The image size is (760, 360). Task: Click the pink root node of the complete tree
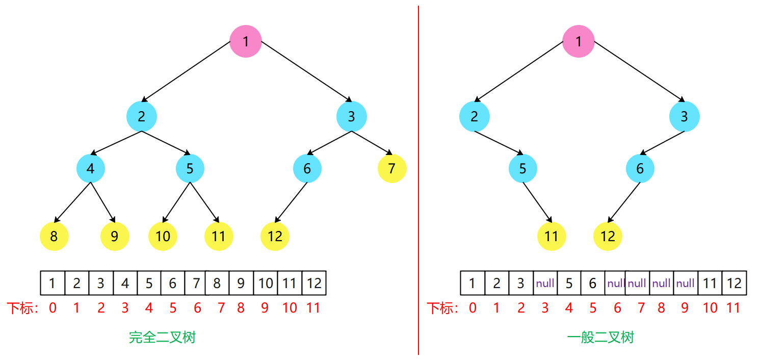(245, 41)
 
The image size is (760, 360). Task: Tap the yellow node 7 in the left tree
(392, 168)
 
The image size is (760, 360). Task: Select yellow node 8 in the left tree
(54, 236)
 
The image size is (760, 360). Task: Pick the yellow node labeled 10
(163, 236)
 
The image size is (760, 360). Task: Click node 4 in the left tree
(91, 168)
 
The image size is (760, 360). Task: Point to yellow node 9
(115, 236)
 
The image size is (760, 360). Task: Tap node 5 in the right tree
(522, 168)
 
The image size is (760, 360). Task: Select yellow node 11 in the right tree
(552, 236)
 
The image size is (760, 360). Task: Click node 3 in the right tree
(684, 117)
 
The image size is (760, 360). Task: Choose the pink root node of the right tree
(578, 41)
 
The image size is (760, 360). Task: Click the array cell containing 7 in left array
(196, 283)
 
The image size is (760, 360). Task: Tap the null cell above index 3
(545, 283)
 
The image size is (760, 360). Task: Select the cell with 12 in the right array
(734, 283)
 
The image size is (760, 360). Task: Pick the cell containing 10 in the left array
(265, 283)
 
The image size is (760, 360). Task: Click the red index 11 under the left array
(313, 308)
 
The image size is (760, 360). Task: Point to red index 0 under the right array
(473, 308)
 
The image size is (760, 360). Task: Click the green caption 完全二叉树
(162, 338)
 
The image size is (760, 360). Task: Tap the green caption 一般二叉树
(600, 338)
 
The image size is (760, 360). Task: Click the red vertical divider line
(418, 178)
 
